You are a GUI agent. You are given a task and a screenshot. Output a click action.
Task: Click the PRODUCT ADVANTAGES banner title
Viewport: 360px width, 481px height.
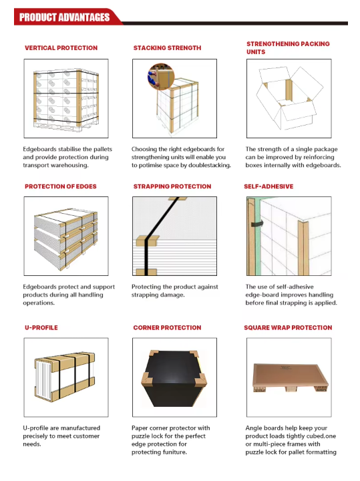(x=64, y=17)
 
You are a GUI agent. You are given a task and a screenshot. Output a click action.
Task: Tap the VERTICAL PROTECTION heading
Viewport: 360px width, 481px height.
(x=61, y=48)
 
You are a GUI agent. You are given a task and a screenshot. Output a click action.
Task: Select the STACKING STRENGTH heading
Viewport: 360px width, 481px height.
(x=167, y=48)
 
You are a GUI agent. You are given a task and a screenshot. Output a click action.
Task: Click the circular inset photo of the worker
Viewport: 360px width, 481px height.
(x=161, y=77)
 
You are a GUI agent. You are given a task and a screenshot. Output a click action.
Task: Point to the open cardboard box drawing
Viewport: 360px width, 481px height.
(x=289, y=98)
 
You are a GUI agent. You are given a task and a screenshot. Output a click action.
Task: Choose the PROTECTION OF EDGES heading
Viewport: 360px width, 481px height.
(x=60, y=186)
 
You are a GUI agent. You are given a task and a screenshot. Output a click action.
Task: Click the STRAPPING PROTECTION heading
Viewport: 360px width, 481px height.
(x=172, y=186)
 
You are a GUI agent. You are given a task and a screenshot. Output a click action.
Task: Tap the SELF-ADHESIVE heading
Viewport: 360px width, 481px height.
(x=268, y=186)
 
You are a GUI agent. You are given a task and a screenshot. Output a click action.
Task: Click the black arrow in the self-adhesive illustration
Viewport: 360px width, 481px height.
(x=257, y=224)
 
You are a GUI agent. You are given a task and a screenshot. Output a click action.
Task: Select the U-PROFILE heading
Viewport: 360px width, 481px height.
(x=41, y=327)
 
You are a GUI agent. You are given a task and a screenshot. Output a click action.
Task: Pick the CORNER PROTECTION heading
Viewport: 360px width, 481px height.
(x=167, y=327)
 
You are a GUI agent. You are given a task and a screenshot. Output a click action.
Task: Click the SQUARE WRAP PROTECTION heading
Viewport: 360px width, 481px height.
(x=288, y=327)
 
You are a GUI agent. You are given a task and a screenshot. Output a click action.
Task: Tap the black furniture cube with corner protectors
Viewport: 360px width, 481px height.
(x=174, y=378)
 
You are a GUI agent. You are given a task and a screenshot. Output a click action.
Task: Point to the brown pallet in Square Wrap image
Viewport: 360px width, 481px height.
(x=290, y=377)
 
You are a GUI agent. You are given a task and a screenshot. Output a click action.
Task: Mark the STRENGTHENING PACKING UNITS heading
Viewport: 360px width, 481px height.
(x=288, y=48)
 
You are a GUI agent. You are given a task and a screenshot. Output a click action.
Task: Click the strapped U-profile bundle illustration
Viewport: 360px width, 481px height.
(x=64, y=377)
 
